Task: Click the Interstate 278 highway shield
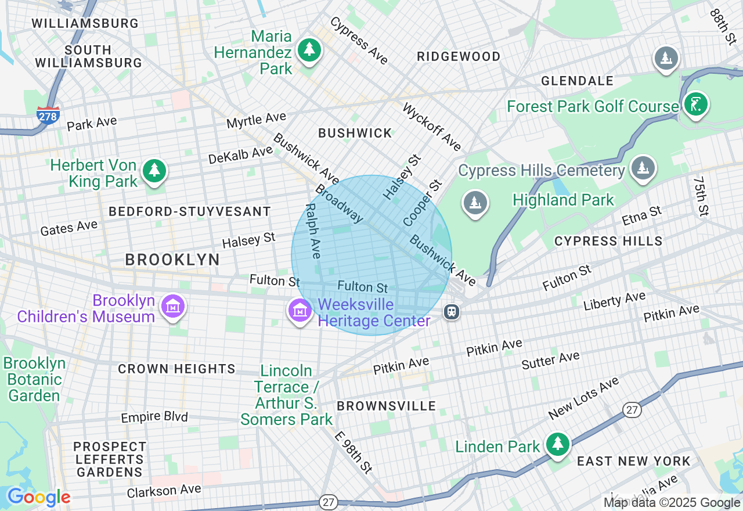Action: click(x=48, y=115)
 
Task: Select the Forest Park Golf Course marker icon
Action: click(x=695, y=105)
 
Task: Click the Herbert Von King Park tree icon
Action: click(x=154, y=171)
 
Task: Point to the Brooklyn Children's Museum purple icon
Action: click(x=173, y=306)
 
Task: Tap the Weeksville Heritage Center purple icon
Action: click(x=300, y=310)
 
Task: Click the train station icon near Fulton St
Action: click(x=451, y=312)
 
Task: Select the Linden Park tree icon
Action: click(x=558, y=444)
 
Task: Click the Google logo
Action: click(x=39, y=497)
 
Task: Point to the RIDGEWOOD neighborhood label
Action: click(x=459, y=56)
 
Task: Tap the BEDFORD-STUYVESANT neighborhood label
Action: click(x=190, y=212)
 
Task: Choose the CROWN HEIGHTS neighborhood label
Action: click(x=176, y=369)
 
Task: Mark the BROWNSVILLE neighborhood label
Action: click(x=386, y=406)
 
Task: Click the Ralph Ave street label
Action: click(x=312, y=231)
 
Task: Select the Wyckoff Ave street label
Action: click(x=432, y=127)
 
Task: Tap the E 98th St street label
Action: click(x=353, y=451)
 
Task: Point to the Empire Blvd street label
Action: click(x=154, y=417)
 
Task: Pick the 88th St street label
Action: click(x=722, y=26)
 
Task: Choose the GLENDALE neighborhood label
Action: click(x=577, y=81)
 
